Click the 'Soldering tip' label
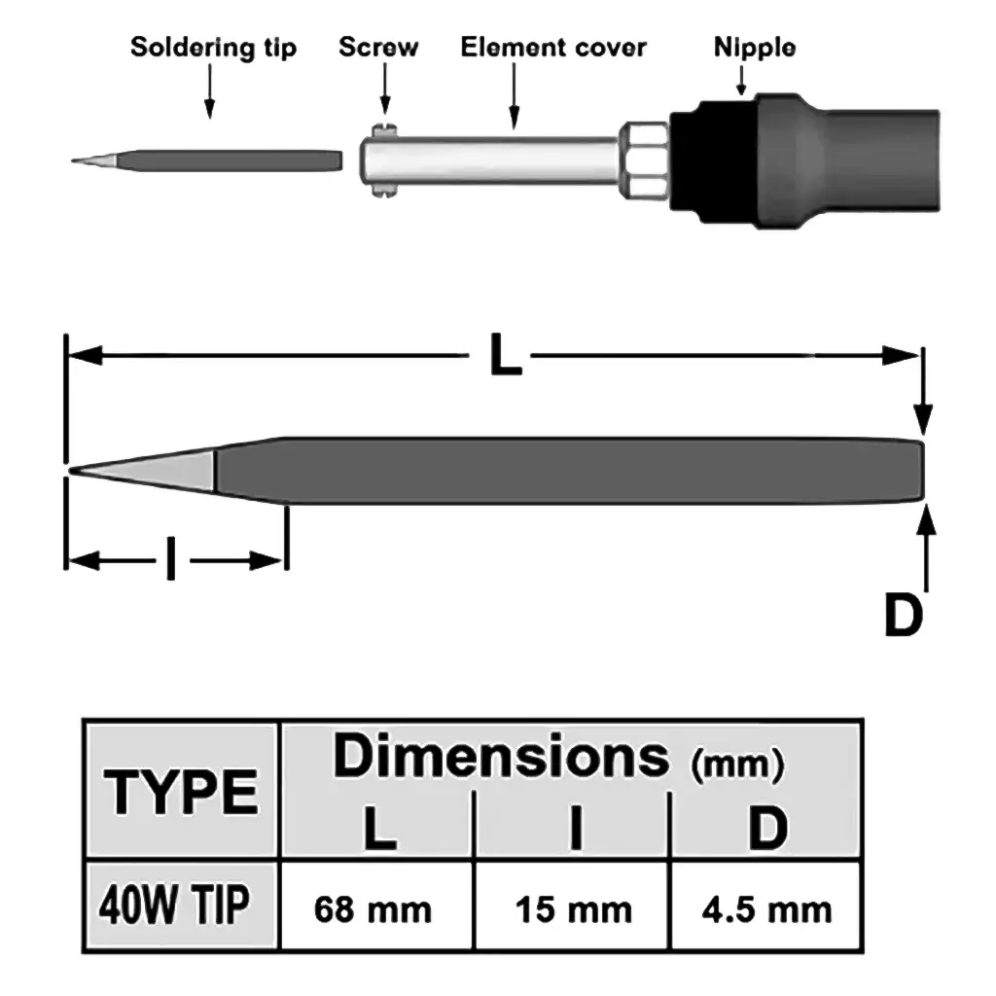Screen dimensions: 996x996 coord(213,47)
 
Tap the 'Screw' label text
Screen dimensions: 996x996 coord(378,47)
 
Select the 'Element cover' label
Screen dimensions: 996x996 coord(553,47)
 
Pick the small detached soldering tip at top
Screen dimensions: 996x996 coord(209,159)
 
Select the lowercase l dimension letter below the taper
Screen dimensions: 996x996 coord(172,560)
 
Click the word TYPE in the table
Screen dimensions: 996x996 coord(182,792)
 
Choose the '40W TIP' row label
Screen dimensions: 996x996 coord(173,906)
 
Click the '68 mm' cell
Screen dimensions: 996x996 coord(373,910)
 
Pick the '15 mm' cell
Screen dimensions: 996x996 coord(573,910)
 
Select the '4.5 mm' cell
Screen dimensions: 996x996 coord(766,910)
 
